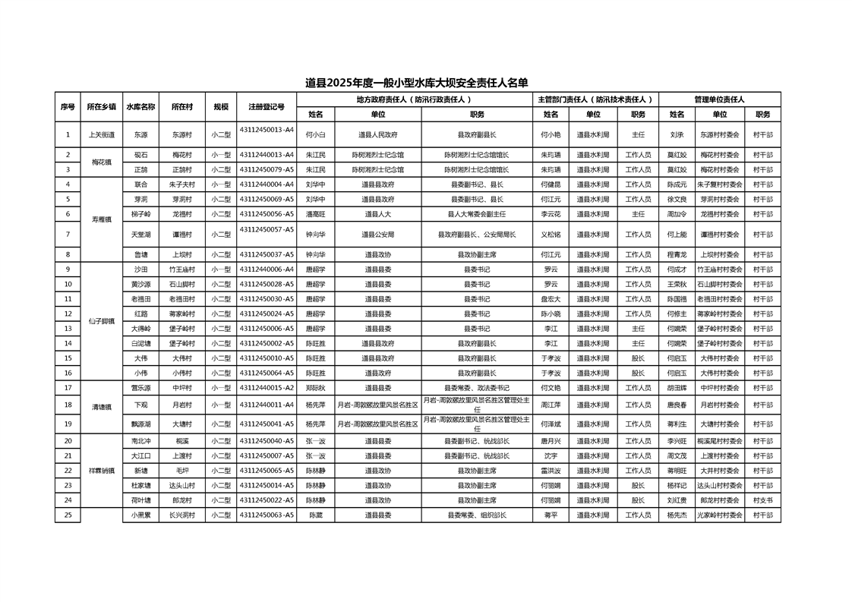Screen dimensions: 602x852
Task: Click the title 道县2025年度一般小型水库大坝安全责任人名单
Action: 416,83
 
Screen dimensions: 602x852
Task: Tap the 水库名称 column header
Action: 140,107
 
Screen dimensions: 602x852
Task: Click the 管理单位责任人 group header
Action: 719,99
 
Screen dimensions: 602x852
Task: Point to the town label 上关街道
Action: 101,135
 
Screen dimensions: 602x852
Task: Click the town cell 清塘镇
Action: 101,406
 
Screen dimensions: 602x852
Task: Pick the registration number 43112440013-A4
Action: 267,154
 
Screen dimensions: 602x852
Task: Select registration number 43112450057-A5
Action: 267,229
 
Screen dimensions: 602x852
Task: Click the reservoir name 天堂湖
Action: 140,235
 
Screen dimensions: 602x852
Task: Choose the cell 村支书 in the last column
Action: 762,500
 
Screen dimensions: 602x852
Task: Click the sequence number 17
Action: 68,388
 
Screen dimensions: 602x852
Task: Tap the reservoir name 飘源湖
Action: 140,424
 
